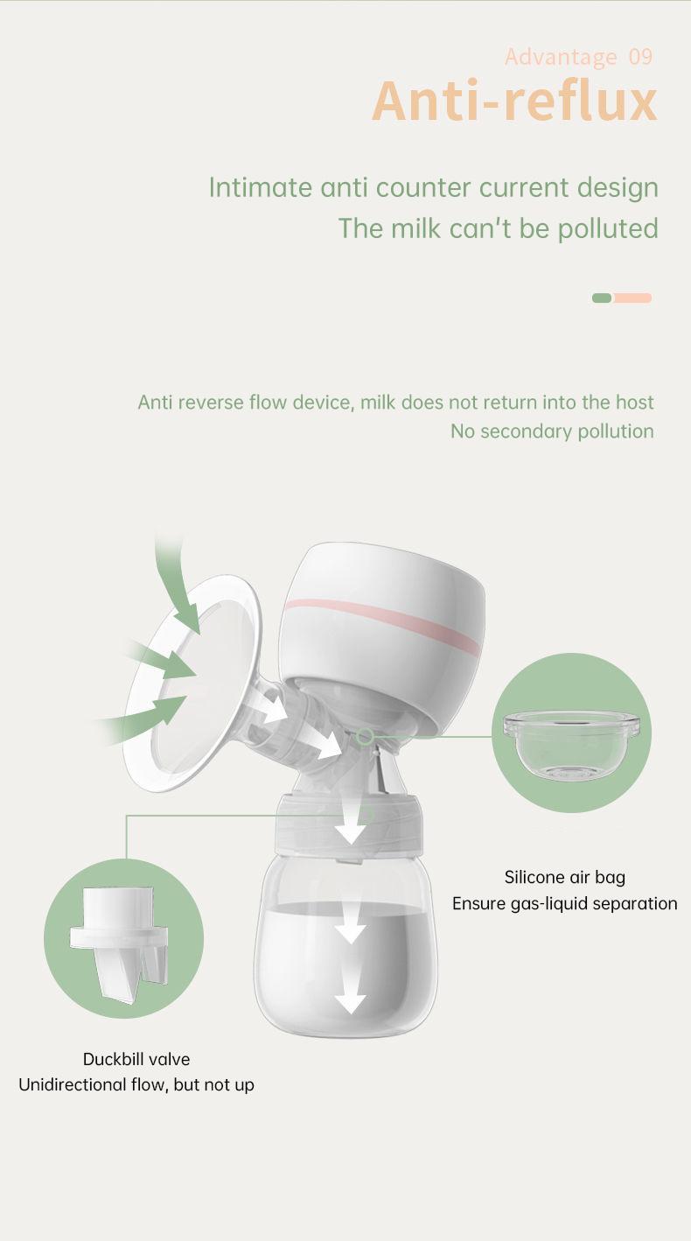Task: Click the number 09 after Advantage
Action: [640, 57]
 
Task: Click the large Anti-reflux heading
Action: [514, 101]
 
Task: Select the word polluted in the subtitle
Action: [607, 228]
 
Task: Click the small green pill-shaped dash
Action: [602, 298]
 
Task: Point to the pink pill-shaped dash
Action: [632, 298]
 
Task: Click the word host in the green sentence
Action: [635, 402]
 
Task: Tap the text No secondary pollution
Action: [552, 431]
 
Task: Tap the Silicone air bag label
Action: [565, 877]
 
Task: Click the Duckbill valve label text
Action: [136, 1059]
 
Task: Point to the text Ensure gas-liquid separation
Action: [565, 903]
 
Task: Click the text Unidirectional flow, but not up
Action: [136, 1084]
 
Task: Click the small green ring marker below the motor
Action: [365, 736]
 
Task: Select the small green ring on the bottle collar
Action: [366, 815]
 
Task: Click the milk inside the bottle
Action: [346, 964]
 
